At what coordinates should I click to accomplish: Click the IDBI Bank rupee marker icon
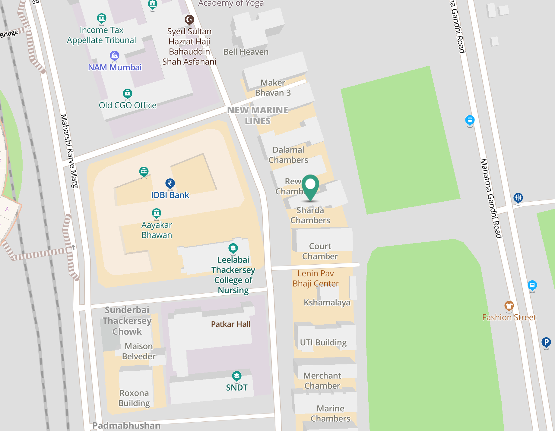click(170, 183)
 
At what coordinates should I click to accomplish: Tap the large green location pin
click(310, 185)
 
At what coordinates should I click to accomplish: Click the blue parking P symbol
click(546, 342)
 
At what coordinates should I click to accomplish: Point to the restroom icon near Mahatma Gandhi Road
click(518, 198)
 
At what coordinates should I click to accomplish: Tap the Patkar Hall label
click(230, 324)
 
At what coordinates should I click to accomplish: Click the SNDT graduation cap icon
click(236, 376)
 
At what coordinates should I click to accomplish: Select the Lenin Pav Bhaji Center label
click(316, 278)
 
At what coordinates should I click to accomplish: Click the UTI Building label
click(323, 342)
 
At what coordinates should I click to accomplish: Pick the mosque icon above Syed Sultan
click(189, 20)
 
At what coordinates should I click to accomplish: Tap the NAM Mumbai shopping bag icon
click(114, 55)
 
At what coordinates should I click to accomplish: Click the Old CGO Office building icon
click(128, 93)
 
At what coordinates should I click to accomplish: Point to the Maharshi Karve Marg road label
click(69, 151)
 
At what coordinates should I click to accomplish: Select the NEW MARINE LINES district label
click(258, 115)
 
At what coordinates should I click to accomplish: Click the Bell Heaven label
click(246, 52)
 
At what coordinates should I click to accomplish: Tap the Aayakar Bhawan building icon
click(156, 213)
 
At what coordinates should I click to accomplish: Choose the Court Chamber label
click(320, 251)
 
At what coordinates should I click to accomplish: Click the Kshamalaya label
click(327, 302)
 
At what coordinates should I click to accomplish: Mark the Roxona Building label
click(134, 398)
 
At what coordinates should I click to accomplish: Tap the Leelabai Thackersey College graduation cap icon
click(233, 248)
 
